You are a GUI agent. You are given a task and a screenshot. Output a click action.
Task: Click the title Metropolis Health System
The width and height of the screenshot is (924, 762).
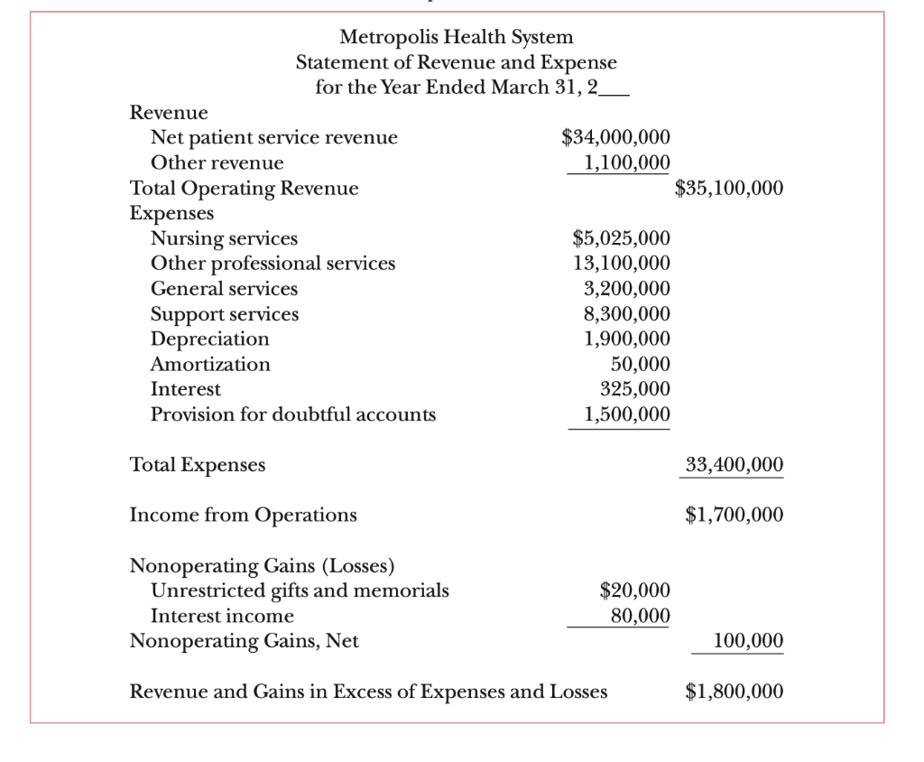click(x=456, y=38)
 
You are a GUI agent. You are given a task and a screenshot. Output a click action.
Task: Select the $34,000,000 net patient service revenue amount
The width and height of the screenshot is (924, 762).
click(x=615, y=138)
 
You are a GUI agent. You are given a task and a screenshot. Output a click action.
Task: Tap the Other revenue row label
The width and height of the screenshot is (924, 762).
click(x=217, y=163)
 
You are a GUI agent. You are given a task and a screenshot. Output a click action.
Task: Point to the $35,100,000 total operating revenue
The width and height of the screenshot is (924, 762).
click(x=729, y=189)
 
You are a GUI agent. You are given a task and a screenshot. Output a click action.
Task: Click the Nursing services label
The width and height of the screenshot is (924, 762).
click(x=224, y=239)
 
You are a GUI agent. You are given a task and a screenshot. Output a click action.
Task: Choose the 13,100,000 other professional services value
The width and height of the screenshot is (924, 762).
click(x=621, y=264)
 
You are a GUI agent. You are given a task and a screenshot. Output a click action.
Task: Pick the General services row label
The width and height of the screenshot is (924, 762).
click(x=224, y=289)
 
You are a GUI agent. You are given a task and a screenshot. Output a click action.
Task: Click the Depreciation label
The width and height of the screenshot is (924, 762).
click(x=209, y=339)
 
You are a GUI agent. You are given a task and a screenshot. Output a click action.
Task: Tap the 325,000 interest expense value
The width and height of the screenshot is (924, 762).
click(x=634, y=389)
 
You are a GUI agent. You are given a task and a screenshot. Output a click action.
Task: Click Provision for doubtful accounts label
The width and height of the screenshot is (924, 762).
click(x=292, y=414)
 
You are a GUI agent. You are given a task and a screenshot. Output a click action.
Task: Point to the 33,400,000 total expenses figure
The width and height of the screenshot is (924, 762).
click(x=735, y=465)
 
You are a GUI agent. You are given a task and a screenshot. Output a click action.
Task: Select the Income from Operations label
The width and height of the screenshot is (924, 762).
click(x=244, y=516)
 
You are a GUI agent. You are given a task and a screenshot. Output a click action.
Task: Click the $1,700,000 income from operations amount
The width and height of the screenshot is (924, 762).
click(x=735, y=516)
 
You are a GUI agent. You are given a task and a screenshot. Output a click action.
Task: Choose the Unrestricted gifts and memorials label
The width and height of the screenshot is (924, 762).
click(x=300, y=591)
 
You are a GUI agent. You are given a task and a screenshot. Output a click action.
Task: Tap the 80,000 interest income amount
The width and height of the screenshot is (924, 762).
click(x=640, y=616)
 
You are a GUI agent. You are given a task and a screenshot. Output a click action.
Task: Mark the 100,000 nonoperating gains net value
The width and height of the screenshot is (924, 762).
click(x=747, y=641)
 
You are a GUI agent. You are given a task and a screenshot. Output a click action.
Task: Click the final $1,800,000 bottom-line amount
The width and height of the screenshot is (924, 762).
click(x=735, y=692)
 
